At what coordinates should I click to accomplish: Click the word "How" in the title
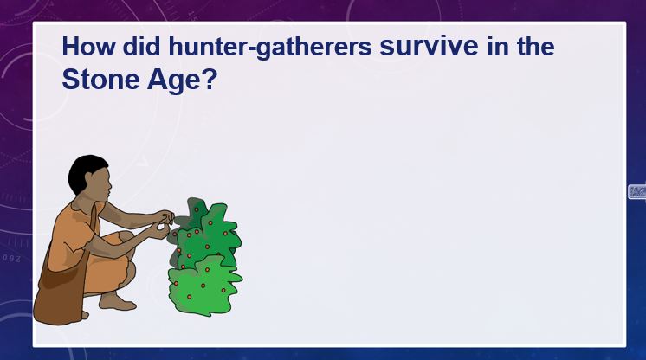pyautogui.click(x=88, y=46)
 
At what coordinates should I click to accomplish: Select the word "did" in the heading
pyautogui.click(x=141, y=46)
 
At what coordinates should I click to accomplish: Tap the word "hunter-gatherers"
pyautogui.click(x=270, y=48)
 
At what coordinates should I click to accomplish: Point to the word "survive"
pyautogui.click(x=429, y=46)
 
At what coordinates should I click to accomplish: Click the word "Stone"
pyautogui.click(x=100, y=79)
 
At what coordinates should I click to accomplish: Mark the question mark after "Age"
pyautogui.click(x=210, y=79)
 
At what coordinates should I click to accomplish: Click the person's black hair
pyautogui.click(x=85, y=171)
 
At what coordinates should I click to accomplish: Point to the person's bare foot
pyautogui.click(x=117, y=302)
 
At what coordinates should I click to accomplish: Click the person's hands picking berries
pyautogui.click(x=164, y=223)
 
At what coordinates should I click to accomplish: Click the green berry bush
pyautogui.click(x=205, y=258)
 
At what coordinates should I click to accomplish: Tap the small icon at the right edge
pyautogui.click(x=637, y=192)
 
